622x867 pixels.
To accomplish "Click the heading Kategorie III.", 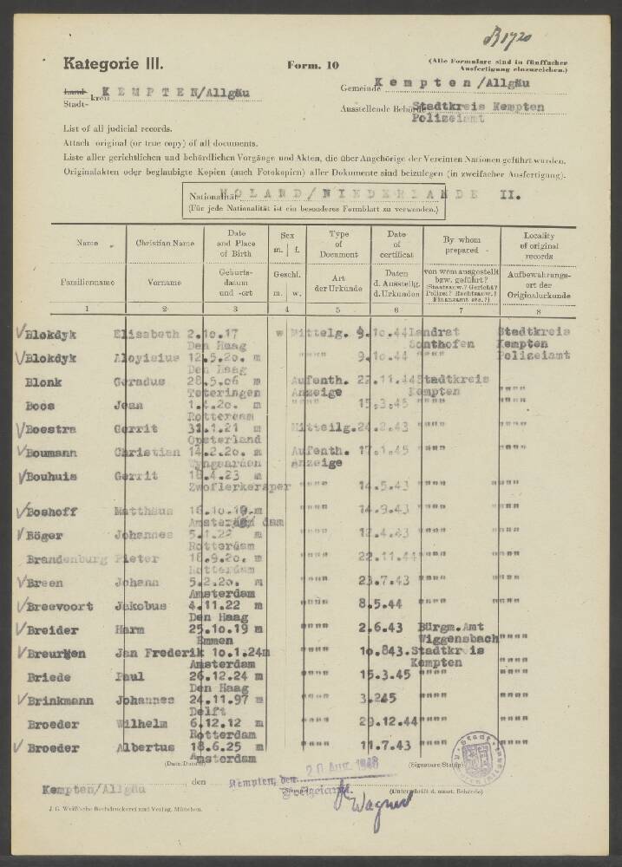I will point(112,62).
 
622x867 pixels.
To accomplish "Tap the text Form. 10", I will point(309,65).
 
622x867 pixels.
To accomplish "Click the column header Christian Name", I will point(165,244).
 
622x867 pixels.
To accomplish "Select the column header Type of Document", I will point(337,244).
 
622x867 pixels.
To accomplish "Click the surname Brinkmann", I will point(60,701).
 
